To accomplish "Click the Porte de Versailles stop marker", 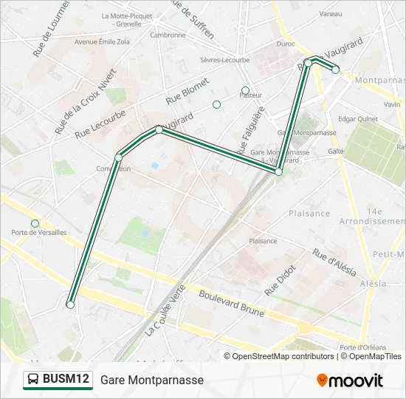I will [35, 223].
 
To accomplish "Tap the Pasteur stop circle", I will [245, 91].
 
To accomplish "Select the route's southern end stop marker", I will [70, 304].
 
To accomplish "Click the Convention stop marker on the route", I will [118, 157].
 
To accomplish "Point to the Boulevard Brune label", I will [231, 302].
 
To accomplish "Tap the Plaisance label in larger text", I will [309, 214].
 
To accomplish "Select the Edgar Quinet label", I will [357, 119].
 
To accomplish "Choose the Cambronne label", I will [168, 35].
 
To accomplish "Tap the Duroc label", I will [285, 44].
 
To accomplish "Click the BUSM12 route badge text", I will [66, 379].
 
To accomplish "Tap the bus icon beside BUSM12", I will [34, 380].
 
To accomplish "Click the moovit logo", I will [350, 381].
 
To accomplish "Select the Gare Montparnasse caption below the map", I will [151, 380].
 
